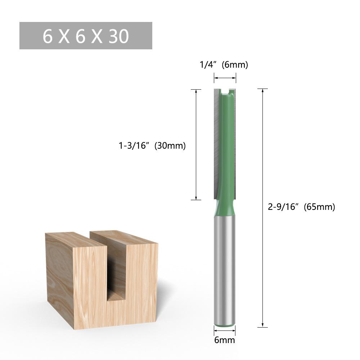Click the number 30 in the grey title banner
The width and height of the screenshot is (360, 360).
pos(118,36)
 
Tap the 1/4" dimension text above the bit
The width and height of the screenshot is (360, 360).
pos(209,65)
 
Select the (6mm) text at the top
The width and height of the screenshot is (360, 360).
pos(235,65)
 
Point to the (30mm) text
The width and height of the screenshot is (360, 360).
pos(170,146)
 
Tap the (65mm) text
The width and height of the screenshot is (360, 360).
pos(319,207)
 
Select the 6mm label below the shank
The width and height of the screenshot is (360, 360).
pos(225,340)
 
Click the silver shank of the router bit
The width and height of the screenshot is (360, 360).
pos(225,270)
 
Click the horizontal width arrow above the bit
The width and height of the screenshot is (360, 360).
pos(225,78)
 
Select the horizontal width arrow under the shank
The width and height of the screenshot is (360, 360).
pos(225,330)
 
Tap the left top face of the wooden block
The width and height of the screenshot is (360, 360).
pos(76,239)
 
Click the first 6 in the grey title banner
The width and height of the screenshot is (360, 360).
pos(48,36)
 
